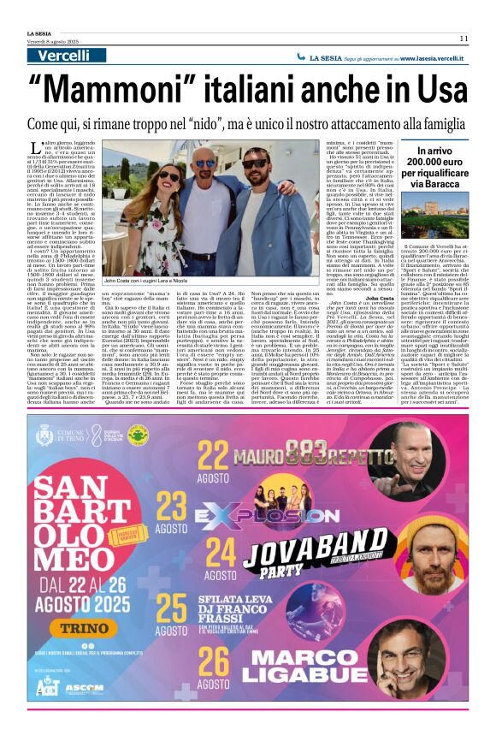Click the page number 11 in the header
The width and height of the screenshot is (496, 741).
point(463,38)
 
